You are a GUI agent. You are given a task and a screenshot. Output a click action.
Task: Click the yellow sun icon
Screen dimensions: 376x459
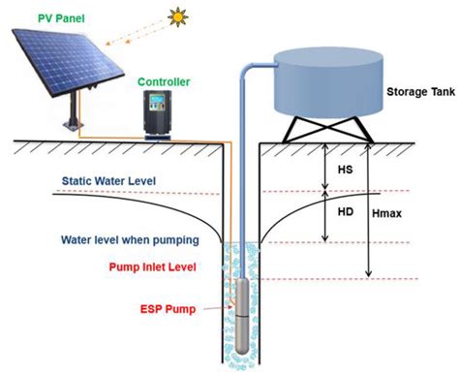click(x=177, y=16)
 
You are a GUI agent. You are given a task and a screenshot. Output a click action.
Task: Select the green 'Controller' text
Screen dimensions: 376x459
click(x=166, y=82)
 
